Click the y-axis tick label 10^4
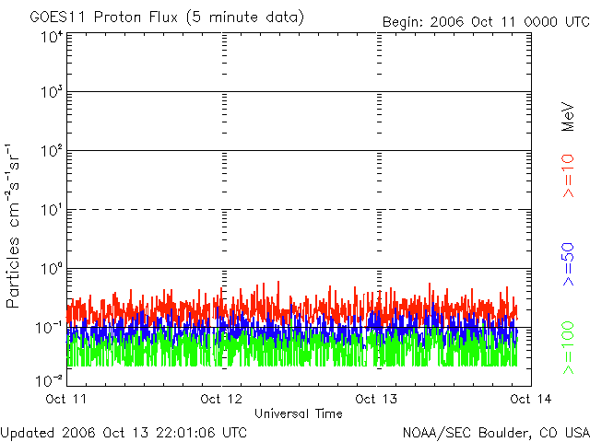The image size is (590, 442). [50, 38]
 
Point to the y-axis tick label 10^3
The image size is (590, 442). [50, 93]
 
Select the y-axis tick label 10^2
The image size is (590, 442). [50, 152]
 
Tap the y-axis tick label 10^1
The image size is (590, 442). [50, 211]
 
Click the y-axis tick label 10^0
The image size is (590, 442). [50, 270]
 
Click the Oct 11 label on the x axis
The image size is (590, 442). [66, 399]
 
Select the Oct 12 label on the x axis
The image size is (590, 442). [221, 399]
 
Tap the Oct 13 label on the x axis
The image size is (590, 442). [377, 399]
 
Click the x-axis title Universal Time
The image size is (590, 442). [299, 413]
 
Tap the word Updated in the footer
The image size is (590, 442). [29, 431]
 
